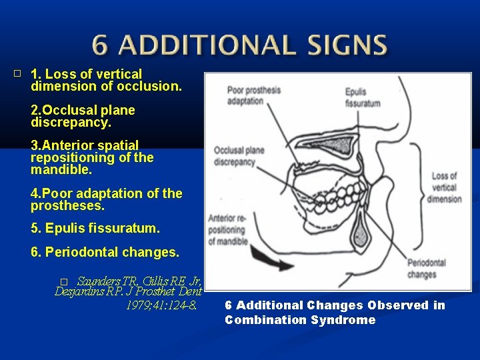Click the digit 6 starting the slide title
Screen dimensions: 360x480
pos(99,45)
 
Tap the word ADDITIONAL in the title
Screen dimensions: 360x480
pos(203,45)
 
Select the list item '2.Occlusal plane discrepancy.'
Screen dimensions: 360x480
pos(83,117)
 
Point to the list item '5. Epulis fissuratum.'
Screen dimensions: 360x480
pos(95,228)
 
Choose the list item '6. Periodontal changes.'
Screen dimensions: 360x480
pos(105,253)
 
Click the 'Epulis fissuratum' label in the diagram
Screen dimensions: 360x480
pos(363,97)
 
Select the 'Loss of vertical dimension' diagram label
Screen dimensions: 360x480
pos(445,188)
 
